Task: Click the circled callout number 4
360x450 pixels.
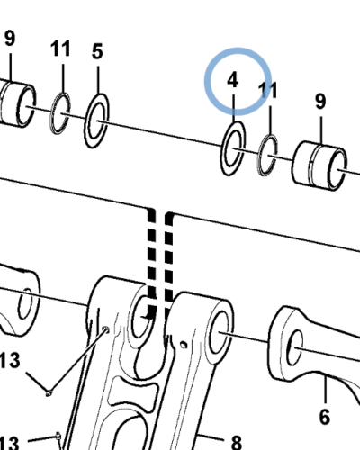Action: tap(233, 80)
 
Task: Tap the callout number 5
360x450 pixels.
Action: tap(97, 51)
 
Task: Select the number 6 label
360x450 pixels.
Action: tap(325, 417)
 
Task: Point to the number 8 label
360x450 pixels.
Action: tap(237, 442)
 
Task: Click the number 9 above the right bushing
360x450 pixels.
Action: tap(320, 101)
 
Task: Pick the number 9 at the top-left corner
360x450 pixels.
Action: tap(10, 38)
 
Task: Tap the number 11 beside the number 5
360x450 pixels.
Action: tap(60, 49)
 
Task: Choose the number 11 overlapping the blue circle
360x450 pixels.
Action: tap(268, 90)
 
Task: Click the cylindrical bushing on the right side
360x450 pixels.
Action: tap(319, 166)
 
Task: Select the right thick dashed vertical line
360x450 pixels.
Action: tap(169, 258)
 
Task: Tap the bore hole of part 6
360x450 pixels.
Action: tap(295, 347)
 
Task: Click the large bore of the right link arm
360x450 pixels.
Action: tap(222, 332)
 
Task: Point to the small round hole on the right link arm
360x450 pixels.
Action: tap(183, 345)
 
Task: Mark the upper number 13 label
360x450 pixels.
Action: tap(10, 360)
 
